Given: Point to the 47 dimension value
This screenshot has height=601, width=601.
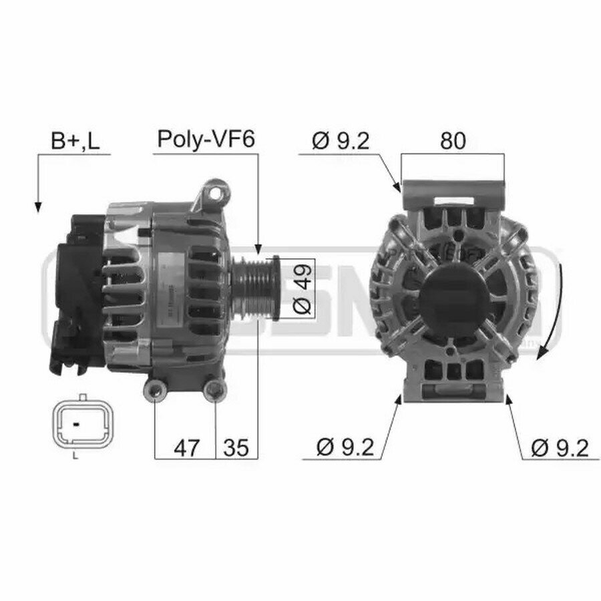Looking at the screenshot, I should click(x=186, y=447).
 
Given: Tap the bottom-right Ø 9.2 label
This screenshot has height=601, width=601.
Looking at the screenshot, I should click(x=560, y=447).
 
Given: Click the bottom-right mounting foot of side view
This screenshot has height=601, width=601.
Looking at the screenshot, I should click(x=214, y=391).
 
